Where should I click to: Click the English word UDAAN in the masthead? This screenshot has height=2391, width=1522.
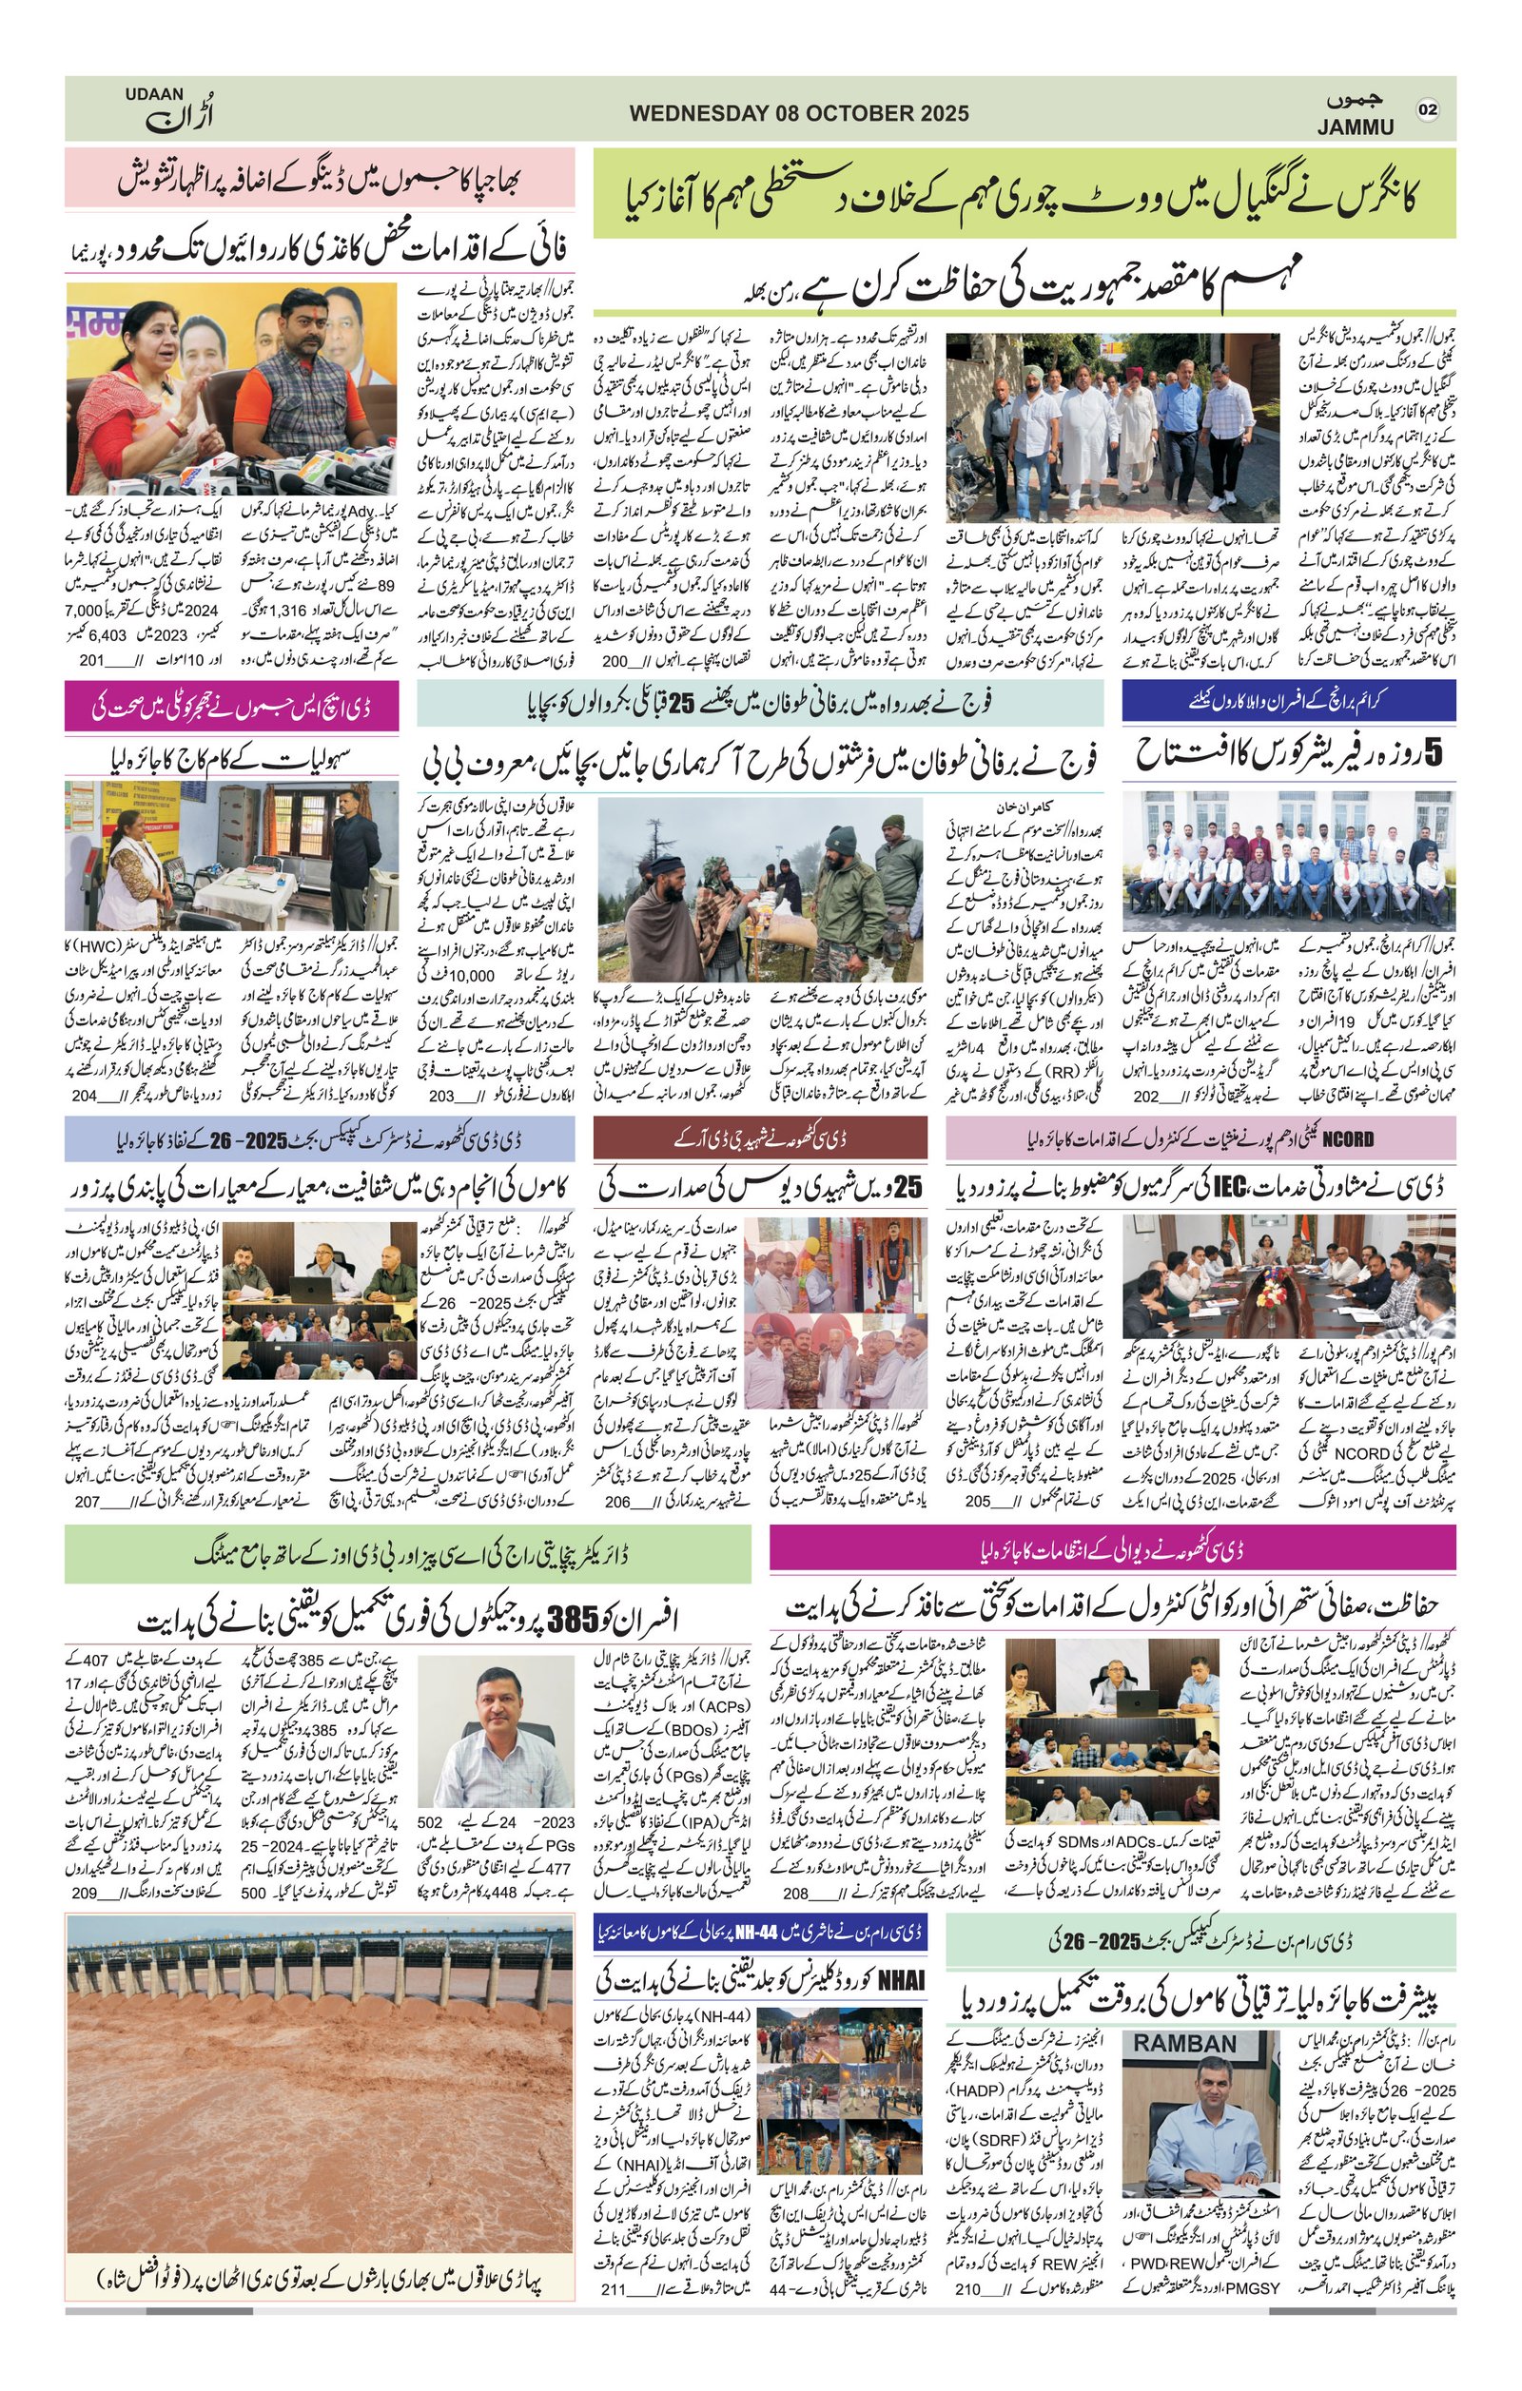coord(154,94)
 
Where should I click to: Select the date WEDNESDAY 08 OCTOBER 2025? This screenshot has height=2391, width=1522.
coord(798,113)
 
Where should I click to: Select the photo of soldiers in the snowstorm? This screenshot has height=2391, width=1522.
coord(759,889)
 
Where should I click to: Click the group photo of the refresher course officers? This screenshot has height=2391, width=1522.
coord(1287,861)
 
